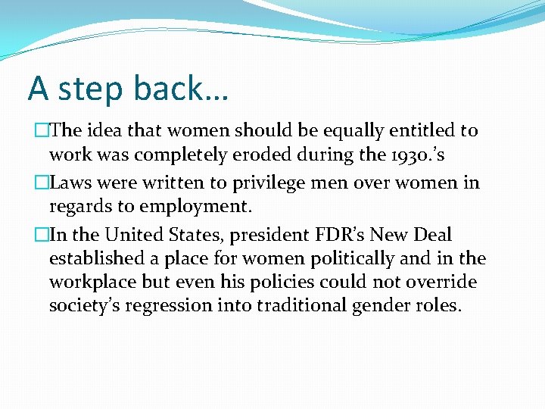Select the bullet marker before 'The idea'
click(x=42, y=130)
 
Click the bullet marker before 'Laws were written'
click(x=42, y=183)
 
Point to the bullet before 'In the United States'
click(x=42, y=235)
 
